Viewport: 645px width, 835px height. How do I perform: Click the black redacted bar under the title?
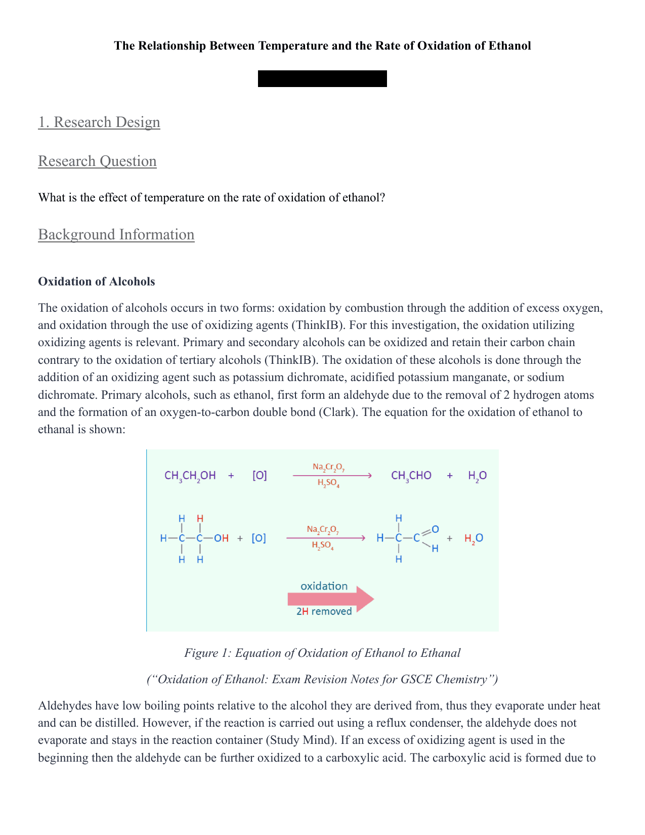pyautogui.click(x=322, y=79)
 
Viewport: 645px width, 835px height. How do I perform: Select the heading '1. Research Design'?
pyautogui.click(x=99, y=122)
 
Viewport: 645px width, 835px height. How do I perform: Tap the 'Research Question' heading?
pyautogui.click(x=97, y=161)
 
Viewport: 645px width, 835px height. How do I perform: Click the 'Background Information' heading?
pyautogui.click(x=116, y=234)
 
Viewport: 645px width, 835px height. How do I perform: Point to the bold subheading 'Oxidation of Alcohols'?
pyautogui.click(x=97, y=281)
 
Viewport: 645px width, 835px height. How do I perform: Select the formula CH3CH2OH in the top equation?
pyautogui.click(x=190, y=476)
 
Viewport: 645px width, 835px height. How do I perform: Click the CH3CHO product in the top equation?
pyautogui.click(x=411, y=476)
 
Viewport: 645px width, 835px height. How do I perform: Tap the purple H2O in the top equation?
pyautogui.click(x=477, y=476)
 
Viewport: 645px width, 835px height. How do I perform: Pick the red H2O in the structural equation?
pyautogui.click(x=474, y=538)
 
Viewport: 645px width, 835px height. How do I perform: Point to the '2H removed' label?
pyautogui.click(x=324, y=611)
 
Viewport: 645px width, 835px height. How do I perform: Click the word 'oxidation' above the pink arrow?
pyautogui.click(x=324, y=586)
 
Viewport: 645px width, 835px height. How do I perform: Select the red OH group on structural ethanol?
pyautogui.click(x=221, y=538)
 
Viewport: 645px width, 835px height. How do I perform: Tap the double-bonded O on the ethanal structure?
pyautogui.click(x=435, y=529)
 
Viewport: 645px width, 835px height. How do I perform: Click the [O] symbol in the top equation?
pyautogui.click(x=260, y=476)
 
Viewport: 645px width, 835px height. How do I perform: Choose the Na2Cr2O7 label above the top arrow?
pyautogui.click(x=328, y=467)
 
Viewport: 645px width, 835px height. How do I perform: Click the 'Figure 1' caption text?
pyautogui.click(x=322, y=653)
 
